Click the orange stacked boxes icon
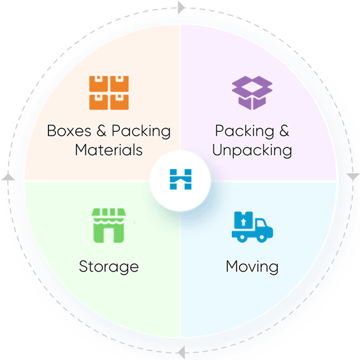tap(109, 93)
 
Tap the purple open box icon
tap(252, 93)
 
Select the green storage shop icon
tap(108, 226)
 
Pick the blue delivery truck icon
tap(252, 227)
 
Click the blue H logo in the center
tap(181, 179)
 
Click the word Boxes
tap(69, 131)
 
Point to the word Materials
tap(108, 150)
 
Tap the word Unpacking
tap(252, 151)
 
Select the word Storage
tap(108, 267)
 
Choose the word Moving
tap(252, 267)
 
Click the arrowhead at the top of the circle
tap(182, 8)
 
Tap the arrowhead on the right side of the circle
tap(352, 176)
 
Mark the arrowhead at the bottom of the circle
tap(182, 352)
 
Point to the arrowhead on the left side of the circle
tap(8, 176)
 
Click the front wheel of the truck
tap(261, 238)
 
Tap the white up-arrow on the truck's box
tap(243, 222)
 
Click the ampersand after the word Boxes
tap(101, 131)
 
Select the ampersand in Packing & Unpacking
tap(284, 131)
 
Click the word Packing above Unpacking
tap(245, 131)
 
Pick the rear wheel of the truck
tap(241, 238)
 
